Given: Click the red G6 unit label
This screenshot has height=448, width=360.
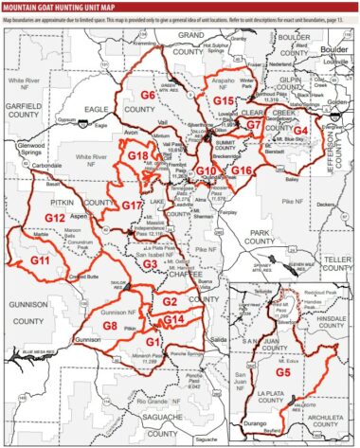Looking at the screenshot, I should click(x=148, y=96).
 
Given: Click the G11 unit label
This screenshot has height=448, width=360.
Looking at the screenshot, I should click(x=39, y=259).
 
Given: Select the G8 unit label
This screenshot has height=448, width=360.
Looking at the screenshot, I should click(x=110, y=326).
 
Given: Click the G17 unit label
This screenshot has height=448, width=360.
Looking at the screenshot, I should click(x=132, y=205).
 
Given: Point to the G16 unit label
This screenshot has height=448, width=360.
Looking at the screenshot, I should click(x=242, y=170).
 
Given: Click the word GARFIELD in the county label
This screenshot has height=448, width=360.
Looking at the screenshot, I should click(x=26, y=82).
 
